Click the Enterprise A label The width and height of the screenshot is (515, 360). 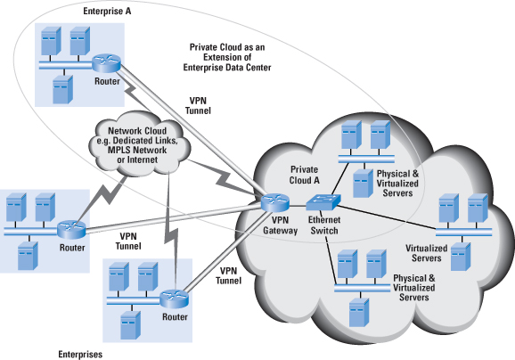107,12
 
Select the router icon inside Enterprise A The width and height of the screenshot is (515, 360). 106,63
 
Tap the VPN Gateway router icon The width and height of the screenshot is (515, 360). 275,202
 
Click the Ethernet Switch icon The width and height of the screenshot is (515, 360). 323,201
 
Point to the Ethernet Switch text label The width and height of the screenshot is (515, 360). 324,225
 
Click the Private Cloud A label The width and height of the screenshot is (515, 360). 304,175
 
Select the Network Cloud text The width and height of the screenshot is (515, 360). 137,131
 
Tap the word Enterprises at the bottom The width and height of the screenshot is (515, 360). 80,355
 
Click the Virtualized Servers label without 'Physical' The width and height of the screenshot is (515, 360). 426,253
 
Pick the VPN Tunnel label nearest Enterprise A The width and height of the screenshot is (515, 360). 198,105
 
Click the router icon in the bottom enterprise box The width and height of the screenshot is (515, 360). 175,299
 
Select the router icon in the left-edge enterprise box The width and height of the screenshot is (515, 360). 71,230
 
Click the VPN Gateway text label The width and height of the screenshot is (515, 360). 280,225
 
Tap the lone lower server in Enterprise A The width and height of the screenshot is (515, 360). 62,89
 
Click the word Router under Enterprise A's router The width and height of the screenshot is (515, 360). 107,81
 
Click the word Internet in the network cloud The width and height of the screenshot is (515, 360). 143,160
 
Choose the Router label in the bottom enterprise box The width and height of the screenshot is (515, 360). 175,317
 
